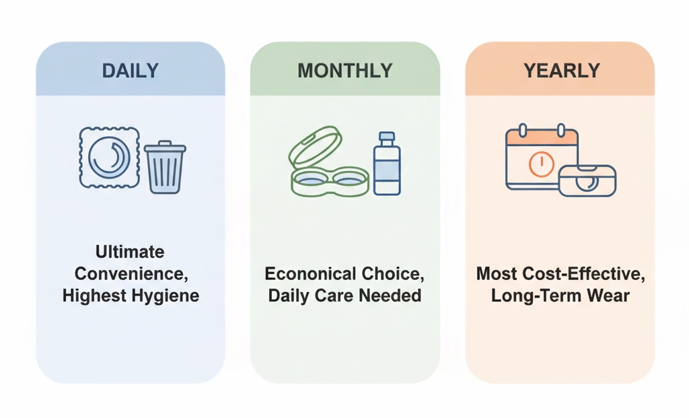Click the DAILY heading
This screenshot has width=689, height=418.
[130, 70]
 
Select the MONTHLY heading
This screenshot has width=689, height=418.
[344, 70]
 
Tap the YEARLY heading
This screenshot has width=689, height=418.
[560, 70]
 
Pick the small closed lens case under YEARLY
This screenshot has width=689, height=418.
[587, 180]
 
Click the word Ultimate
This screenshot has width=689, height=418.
[130, 252]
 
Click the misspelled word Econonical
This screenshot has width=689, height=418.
[310, 274]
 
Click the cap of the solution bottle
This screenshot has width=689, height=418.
[386, 137]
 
